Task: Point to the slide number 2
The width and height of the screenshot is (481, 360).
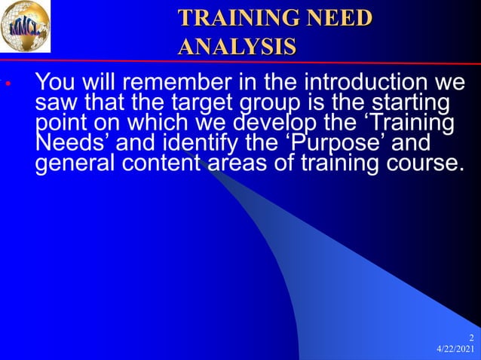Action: pyautogui.click(x=471, y=337)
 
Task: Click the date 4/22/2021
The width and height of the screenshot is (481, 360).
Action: pyautogui.click(x=456, y=351)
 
